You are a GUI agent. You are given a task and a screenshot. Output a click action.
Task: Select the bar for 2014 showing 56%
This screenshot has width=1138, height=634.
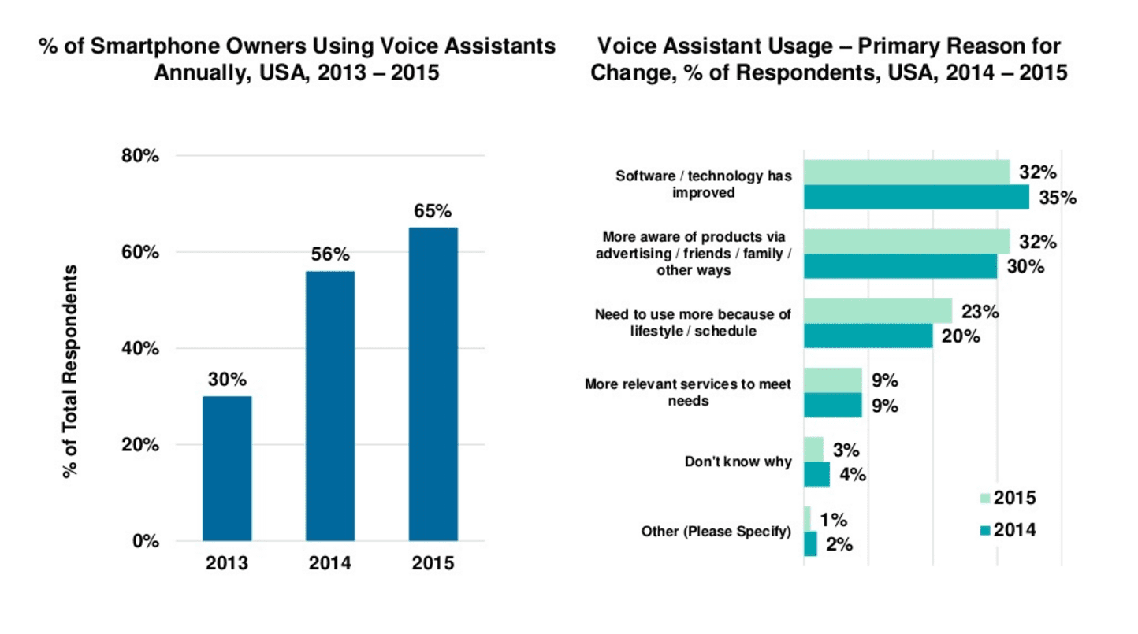(329, 406)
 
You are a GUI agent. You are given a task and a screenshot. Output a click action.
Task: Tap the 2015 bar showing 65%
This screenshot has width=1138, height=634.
(433, 384)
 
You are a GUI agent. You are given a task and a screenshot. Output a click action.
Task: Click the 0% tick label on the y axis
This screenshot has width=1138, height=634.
(147, 541)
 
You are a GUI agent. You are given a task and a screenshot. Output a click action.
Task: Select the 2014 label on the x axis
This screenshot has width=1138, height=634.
(329, 564)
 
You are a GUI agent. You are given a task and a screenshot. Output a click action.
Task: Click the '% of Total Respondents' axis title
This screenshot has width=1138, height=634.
(72, 370)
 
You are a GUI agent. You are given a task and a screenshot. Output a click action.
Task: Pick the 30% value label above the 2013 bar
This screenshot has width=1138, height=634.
(227, 379)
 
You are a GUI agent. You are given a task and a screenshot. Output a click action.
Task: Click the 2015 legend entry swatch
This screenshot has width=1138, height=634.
(984, 498)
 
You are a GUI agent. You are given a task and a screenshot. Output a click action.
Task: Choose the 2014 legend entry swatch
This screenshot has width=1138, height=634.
(984, 530)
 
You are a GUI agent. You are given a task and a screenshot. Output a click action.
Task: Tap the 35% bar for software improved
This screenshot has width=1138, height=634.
(916, 198)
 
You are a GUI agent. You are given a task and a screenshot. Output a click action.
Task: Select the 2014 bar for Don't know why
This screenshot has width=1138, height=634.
(816, 475)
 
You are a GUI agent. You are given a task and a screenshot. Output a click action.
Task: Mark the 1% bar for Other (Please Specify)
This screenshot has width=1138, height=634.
(807, 518)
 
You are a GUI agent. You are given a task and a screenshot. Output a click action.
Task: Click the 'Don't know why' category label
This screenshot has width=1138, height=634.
(738, 462)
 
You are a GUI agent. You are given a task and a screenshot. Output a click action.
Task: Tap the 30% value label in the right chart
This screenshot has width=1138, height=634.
(1025, 267)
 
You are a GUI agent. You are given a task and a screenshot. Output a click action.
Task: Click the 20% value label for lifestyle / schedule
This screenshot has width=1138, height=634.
(961, 336)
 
